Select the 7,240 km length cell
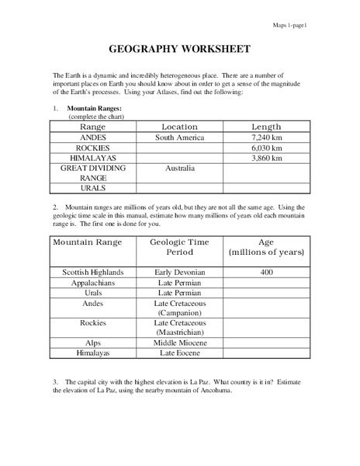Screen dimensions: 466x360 [x=267, y=137]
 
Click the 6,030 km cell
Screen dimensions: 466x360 [x=267, y=148]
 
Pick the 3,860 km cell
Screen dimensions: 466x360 [x=267, y=158]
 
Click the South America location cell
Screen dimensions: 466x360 [x=179, y=137]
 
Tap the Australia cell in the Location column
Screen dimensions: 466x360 [x=179, y=168]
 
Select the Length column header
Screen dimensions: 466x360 [x=267, y=126]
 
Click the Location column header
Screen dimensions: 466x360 [x=179, y=126]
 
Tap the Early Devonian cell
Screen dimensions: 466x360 [x=179, y=273]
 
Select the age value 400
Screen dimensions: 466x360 [x=267, y=273]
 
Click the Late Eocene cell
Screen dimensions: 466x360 [x=179, y=353]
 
